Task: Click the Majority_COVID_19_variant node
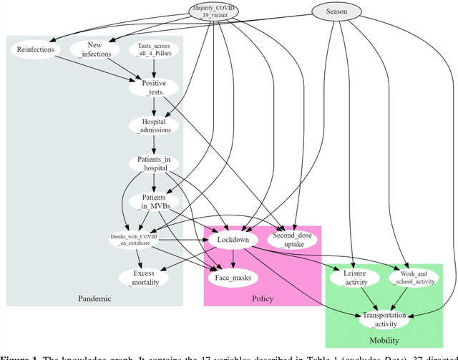[214, 11]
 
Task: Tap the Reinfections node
[34, 49]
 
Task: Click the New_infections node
[94, 49]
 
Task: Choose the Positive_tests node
[152, 88]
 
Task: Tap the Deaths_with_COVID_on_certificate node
[134, 240]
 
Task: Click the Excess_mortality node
[145, 278]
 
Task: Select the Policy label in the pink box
[263, 298]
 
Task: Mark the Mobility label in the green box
[384, 340]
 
